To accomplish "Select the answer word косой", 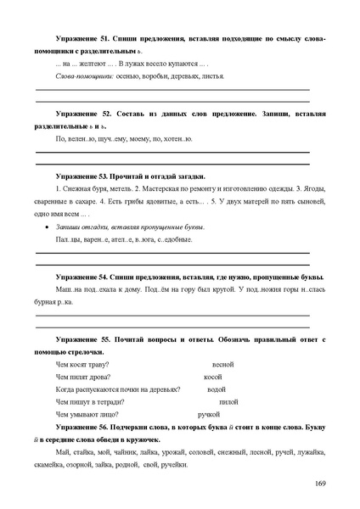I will point(213,376).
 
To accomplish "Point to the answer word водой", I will point(217,389).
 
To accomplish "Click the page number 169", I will point(319,484).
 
